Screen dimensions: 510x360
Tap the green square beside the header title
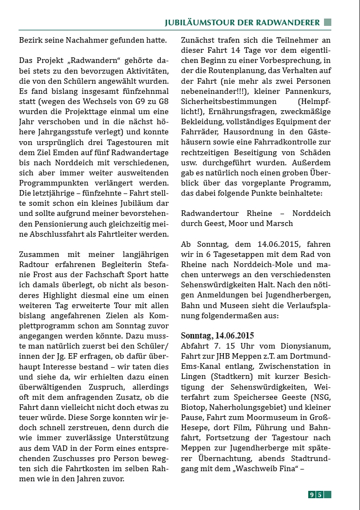point(327,22)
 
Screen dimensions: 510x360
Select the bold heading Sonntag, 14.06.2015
point(217,335)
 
